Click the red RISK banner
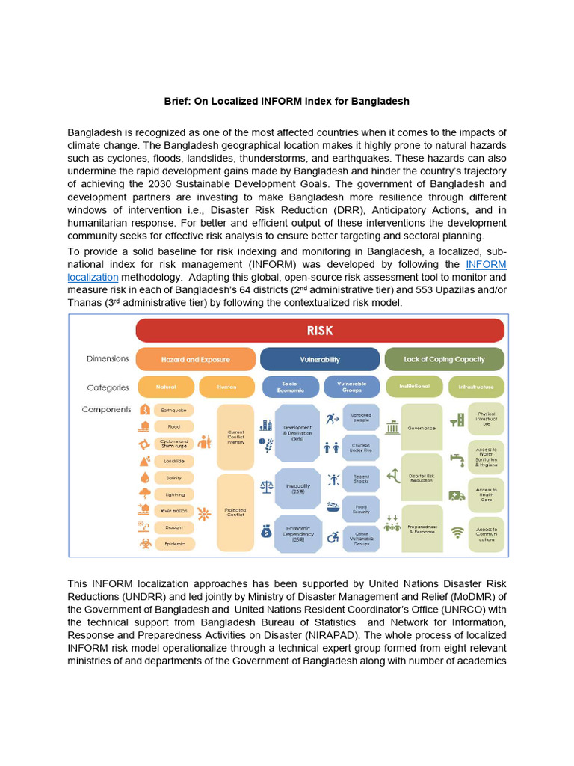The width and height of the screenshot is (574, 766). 319,330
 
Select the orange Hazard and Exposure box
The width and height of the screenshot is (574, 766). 195,359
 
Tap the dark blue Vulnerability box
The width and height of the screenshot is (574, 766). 319,359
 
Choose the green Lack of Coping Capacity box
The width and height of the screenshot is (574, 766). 444,359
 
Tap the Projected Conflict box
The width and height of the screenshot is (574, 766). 235,513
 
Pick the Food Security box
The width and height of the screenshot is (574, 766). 361,509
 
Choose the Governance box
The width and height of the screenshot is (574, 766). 422,428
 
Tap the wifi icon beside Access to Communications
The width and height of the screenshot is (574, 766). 456,533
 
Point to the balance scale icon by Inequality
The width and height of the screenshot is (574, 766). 266,486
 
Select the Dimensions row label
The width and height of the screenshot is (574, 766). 108,359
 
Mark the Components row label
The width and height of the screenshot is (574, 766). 106,410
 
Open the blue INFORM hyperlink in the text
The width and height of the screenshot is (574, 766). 486,265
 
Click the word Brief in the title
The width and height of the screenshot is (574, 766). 178,100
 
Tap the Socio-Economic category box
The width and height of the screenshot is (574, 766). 290,387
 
